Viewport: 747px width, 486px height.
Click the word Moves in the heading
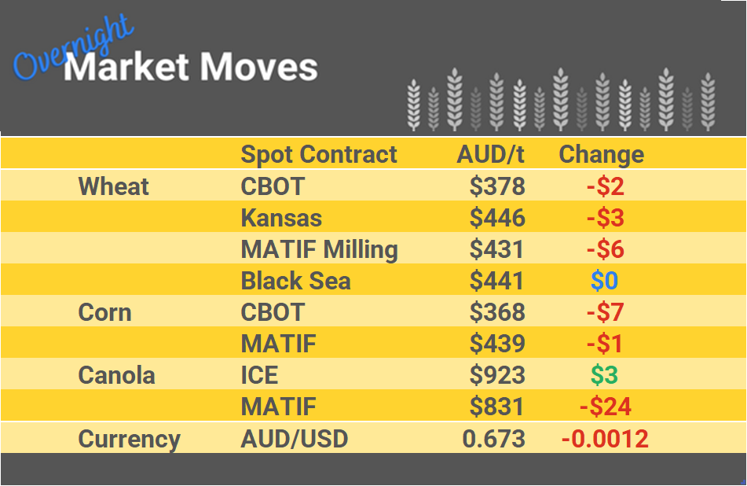(258, 68)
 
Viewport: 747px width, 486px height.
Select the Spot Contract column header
(319, 154)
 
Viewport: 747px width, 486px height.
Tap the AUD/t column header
(490, 154)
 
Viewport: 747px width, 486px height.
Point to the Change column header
(601, 154)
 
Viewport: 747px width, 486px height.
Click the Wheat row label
(114, 186)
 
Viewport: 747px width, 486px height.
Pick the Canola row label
(116, 375)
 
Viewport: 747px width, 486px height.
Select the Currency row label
(129, 439)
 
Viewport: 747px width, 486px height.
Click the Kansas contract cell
(281, 218)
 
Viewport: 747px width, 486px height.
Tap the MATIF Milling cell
(319, 249)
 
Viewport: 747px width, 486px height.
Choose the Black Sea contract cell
(295, 281)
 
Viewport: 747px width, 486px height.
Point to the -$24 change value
(605, 407)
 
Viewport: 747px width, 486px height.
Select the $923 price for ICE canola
(496, 375)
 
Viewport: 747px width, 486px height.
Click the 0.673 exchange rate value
(493, 439)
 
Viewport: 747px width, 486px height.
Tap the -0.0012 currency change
(605, 439)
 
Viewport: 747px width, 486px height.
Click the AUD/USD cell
(294, 439)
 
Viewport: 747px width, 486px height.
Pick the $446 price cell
(496, 218)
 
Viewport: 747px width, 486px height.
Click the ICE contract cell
(259, 375)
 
